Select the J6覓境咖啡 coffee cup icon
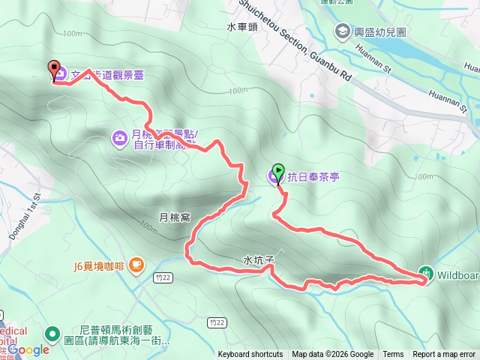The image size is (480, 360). [136, 265]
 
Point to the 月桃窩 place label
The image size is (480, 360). [174, 217]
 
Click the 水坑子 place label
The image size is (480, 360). [258, 259]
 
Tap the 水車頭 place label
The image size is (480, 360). [241, 26]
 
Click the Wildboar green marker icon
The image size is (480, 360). [426, 272]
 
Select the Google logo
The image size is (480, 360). [28, 349]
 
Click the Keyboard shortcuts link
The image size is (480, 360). [252, 355]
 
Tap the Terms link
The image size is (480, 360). [393, 355]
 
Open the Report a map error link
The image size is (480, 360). [444, 355]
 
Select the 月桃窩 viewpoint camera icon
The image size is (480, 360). [120, 138]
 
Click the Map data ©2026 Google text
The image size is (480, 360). [333, 355]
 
